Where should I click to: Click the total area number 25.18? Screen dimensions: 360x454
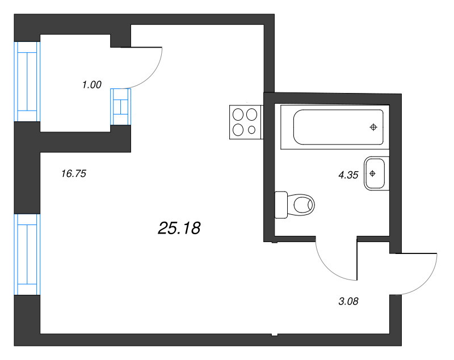click(179, 228)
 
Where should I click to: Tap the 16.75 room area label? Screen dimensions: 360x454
click(73, 174)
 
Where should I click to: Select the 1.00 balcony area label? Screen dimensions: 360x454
click(91, 85)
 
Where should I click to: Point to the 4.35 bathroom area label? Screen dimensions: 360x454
click(348, 175)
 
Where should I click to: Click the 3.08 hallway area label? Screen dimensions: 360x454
click(348, 301)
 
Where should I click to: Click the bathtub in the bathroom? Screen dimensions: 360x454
click(338, 127)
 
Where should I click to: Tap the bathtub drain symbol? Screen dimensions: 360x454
click(373, 127)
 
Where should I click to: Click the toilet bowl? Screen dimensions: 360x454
click(301, 204)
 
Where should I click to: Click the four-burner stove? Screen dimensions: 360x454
click(245, 122)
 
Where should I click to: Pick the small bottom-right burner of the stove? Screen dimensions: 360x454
click(252, 130)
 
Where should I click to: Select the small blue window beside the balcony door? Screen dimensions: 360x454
click(120, 107)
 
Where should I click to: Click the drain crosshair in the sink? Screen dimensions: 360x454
click(373, 173)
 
